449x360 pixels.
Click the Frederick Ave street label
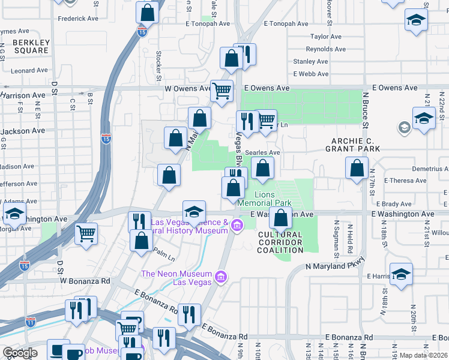click(x=78, y=19)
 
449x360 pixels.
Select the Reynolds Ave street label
click(x=325, y=49)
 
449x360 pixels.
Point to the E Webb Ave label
click(x=310, y=74)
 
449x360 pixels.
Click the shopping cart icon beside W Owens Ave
click(x=221, y=91)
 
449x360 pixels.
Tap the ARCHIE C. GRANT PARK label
click(x=352, y=144)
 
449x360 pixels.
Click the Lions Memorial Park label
click(x=265, y=199)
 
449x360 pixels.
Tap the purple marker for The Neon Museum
click(x=221, y=277)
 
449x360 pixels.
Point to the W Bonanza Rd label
click(x=85, y=280)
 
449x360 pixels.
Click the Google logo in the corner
click(x=20, y=353)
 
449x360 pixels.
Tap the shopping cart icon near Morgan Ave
click(x=86, y=233)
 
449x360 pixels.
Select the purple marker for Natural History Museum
click(x=238, y=226)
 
